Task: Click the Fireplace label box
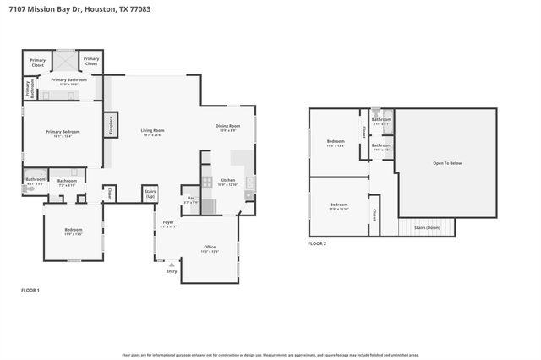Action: tap(110, 125)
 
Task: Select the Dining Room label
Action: tap(229, 128)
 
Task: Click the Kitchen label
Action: tap(228, 182)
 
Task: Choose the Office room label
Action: tap(210, 249)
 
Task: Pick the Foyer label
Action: tap(168, 224)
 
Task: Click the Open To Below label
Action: tap(445, 163)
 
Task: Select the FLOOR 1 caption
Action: tap(30, 290)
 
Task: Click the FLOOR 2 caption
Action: tap(317, 243)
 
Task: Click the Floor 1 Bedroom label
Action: tap(74, 232)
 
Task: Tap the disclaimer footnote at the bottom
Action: tap(270, 355)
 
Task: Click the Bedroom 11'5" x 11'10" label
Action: tap(339, 205)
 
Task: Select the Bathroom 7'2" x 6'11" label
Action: tap(67, 182)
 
